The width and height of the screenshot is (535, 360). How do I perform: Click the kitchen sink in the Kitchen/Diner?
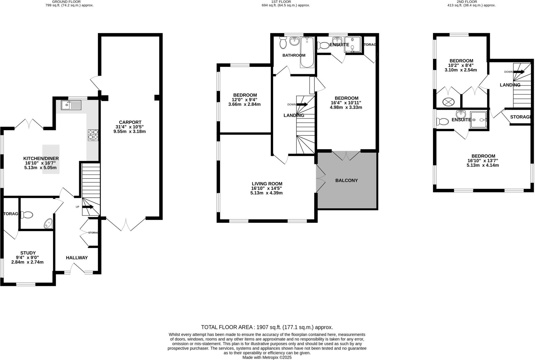[x=71, y=105]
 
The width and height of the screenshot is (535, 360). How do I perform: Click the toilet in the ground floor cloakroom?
[x=27, y=215]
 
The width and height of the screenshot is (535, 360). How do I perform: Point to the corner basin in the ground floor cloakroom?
[x=48, y=224]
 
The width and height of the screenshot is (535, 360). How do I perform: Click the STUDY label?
[x=28, y=253]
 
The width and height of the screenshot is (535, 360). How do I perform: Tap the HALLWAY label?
[x=77, y=258]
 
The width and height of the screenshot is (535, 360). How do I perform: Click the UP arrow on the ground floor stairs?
[x=88, y=207]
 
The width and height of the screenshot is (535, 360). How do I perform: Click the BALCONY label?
[x=346, y=180]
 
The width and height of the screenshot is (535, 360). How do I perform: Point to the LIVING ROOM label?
[x=267, y=184]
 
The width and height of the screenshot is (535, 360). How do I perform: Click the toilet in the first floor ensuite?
[x=323, y=45]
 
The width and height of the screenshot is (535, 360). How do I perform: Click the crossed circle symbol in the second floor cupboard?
[x=449, y=102]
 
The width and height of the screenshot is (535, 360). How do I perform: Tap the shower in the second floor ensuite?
[x=479, y=120]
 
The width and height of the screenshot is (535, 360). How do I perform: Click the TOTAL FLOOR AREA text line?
[x=267, y=327]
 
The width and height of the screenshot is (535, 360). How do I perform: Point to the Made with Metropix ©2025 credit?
[x=267, y=357]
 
